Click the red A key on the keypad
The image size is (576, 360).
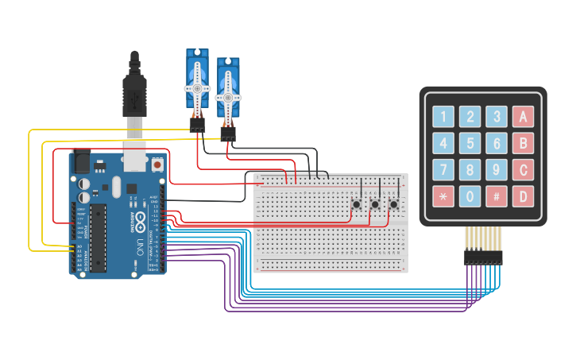(x=523, y=118)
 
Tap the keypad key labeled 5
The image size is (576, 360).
(x=470, y=144)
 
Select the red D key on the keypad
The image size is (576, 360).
(x=523, y=195)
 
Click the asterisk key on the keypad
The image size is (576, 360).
(x=443, y=195)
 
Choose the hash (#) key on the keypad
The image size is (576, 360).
(x=497, y=195)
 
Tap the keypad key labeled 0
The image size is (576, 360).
(x=470, y=195)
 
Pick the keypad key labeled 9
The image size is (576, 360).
(x=497, y=169)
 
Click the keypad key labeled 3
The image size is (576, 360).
(x=497, y=118)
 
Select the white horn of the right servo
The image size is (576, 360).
(x=228, y=96)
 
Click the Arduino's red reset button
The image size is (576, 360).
(x=157, y=165)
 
